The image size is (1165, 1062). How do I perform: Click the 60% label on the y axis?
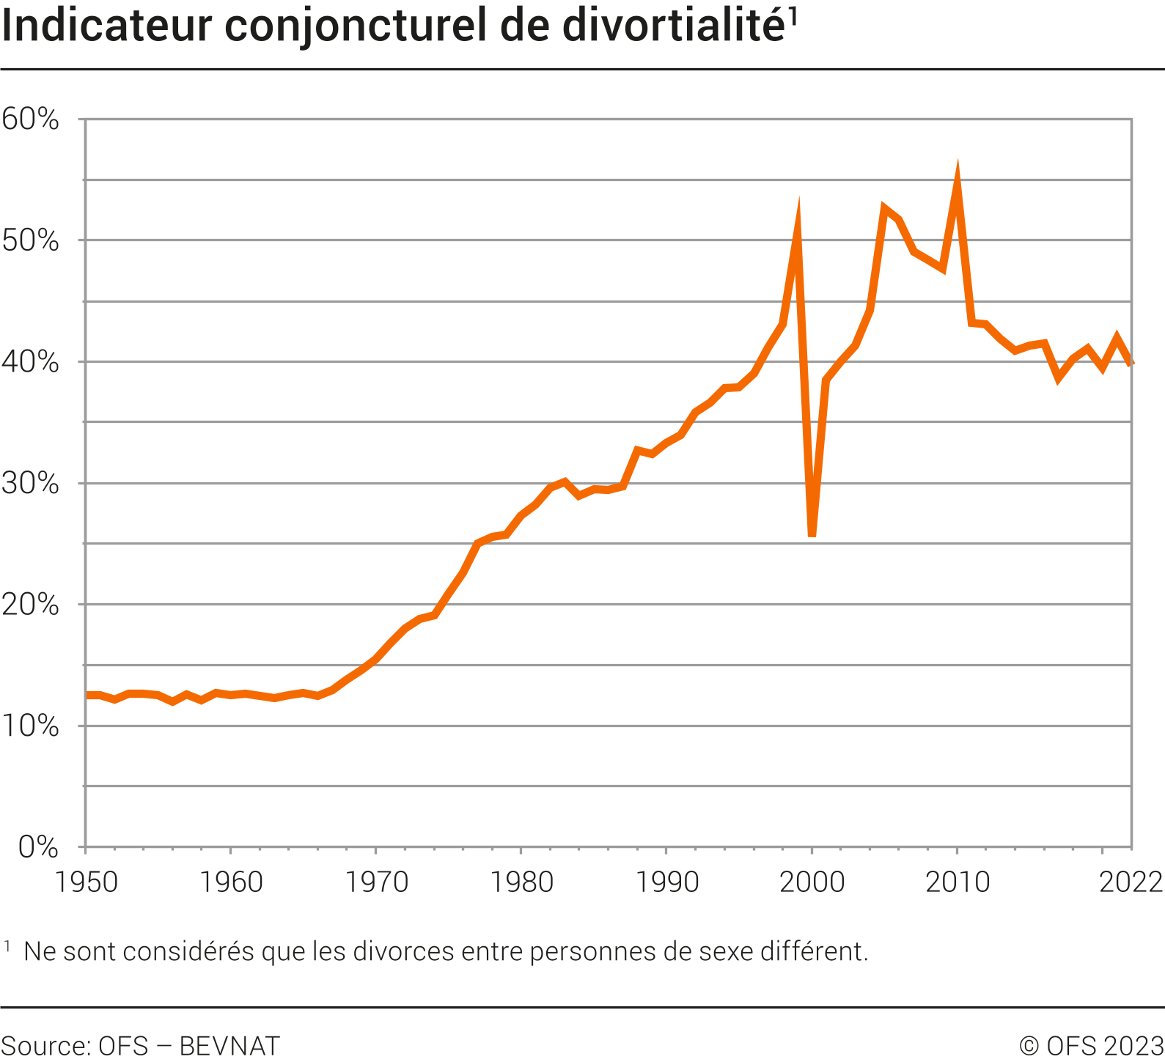[30, 119]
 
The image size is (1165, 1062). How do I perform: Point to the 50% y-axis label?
[30, 240]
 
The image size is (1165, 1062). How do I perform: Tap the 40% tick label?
[30, 362]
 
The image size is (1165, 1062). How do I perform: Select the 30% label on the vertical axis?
[30, 483]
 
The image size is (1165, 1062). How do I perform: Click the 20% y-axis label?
[30, 605]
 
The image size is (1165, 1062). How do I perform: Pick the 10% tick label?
[30, 726]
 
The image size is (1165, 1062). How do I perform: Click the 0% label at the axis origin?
[38, 847]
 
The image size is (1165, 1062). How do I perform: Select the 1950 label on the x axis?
[87, 882]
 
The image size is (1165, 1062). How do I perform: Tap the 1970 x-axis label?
[376, 882]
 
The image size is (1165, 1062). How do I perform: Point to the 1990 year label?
[666, 882]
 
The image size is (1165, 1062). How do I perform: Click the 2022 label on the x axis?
[1131, 882]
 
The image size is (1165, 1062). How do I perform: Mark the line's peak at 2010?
[957, 172]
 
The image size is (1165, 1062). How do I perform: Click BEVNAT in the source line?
[229, 1045]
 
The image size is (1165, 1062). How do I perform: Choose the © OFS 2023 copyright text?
[1090, 1045]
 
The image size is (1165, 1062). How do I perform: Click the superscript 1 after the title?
[793, 16]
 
